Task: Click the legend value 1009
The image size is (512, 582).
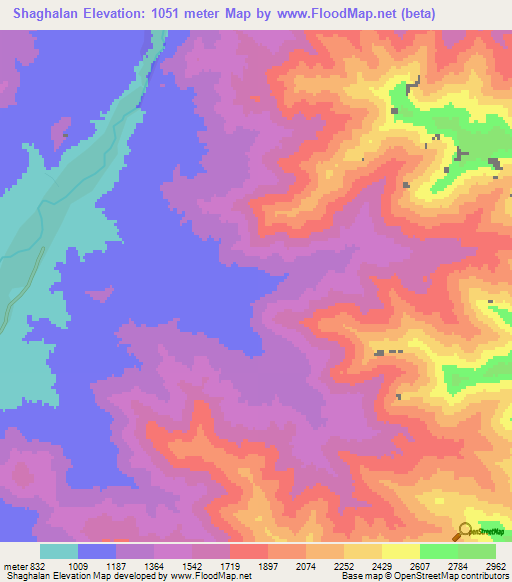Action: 78,565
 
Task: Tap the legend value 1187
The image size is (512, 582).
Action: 116,565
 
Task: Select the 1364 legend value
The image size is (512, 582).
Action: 154,565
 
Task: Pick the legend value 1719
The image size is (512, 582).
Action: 230,565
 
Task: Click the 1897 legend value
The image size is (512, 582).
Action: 268,565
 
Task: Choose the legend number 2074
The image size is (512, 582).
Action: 306,565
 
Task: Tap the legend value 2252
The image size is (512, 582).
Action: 344,565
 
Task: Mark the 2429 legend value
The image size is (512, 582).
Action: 382,565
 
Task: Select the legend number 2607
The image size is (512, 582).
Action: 420,565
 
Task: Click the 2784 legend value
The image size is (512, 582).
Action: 458,565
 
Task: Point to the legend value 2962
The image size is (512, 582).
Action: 496,565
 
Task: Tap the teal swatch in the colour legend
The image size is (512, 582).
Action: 59,551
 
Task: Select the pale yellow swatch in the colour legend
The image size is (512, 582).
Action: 401,551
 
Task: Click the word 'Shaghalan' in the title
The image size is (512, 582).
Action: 43,13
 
